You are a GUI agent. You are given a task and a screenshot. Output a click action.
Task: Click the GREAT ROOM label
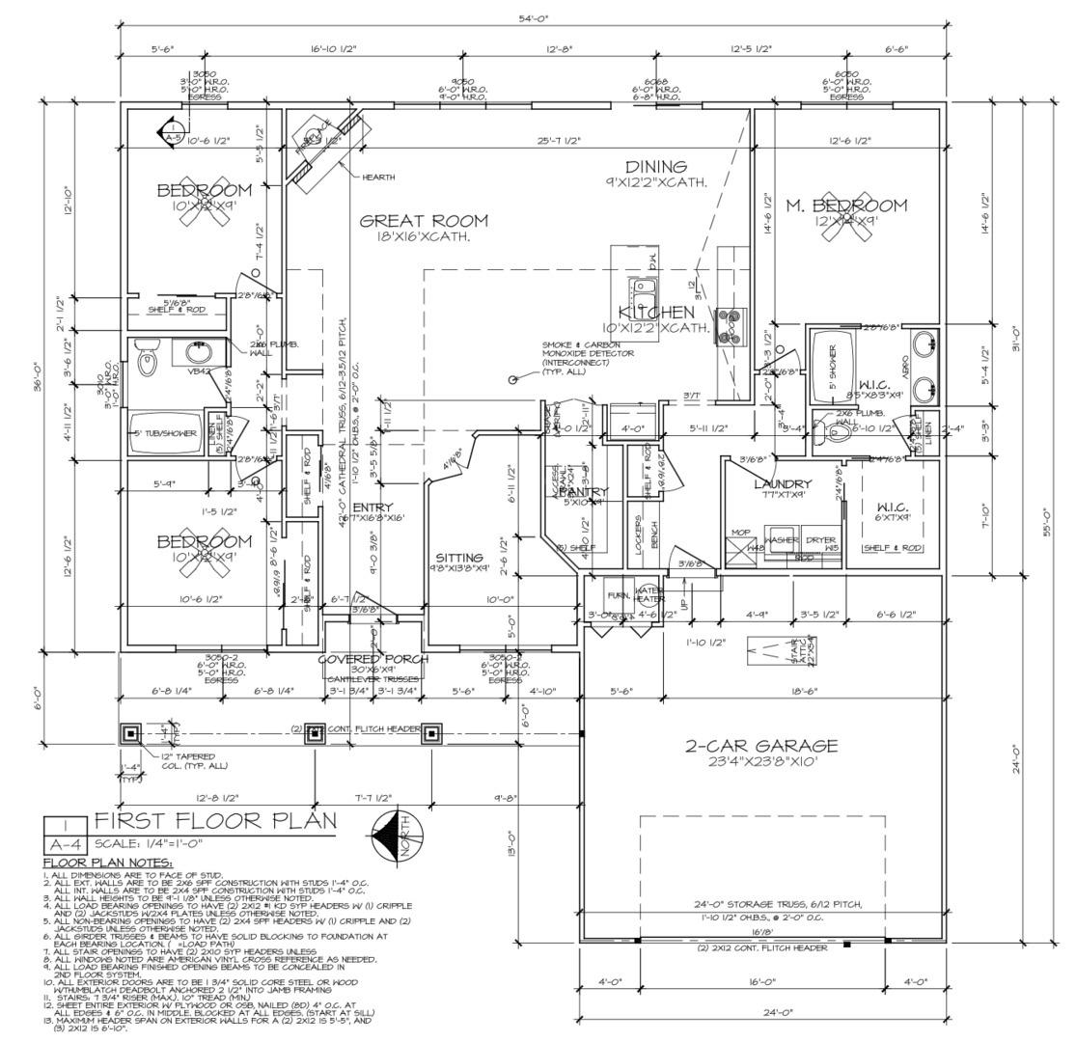(x=424, y=220)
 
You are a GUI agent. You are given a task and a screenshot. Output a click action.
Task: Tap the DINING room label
(x=655, y=167)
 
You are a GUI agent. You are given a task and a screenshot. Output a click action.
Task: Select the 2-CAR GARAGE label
(x=761, y=746)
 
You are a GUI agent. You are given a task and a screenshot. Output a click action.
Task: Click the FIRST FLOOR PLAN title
(x=215, y=821)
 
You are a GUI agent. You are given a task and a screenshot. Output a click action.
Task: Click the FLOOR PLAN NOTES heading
(x=108, y=862)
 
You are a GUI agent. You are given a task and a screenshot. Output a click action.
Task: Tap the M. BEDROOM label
(x=845, y=205)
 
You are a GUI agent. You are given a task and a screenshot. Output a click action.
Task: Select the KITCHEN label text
(x=656, y=313)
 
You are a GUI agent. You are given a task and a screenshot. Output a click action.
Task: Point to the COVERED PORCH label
(x=373, y=659)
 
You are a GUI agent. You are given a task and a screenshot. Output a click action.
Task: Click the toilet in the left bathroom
(x=148, y=359)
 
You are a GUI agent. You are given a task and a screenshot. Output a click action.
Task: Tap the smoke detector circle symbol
(x=512, y=379)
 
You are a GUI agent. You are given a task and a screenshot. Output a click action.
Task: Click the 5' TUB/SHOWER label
(x=164, y=433)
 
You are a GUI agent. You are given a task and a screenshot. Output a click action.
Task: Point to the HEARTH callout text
(x=378, y=178)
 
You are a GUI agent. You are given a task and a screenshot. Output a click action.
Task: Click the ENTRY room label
(x=372, y=507)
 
